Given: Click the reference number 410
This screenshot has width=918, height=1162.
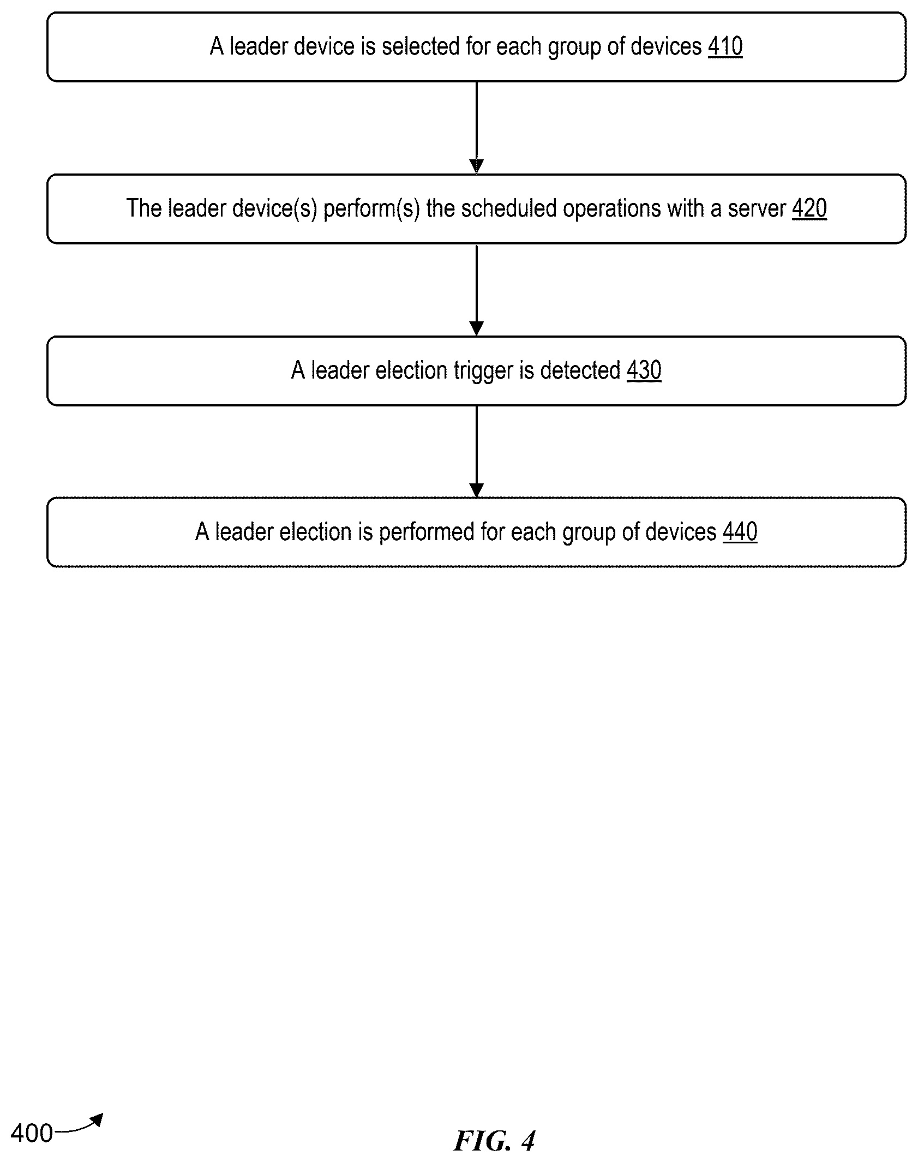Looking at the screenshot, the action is coord(725,46).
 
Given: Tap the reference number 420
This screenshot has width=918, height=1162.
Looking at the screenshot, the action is coord(809,208).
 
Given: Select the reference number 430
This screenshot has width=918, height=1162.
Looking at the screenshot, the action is coord(644,370).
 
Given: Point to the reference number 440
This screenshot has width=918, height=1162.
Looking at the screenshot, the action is coord(740,532).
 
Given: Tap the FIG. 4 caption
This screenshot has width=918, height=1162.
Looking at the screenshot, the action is coord(494,1140).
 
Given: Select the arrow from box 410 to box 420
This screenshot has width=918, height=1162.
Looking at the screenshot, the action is coord(477,128).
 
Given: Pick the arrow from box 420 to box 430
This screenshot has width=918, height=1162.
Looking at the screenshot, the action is coord(477,290).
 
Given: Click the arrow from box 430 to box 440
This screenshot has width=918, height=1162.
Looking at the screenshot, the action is coord(477,452).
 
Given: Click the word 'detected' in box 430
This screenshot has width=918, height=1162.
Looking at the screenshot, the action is coord(580,370).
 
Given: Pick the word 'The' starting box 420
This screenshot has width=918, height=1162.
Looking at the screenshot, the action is coord(144,208).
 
